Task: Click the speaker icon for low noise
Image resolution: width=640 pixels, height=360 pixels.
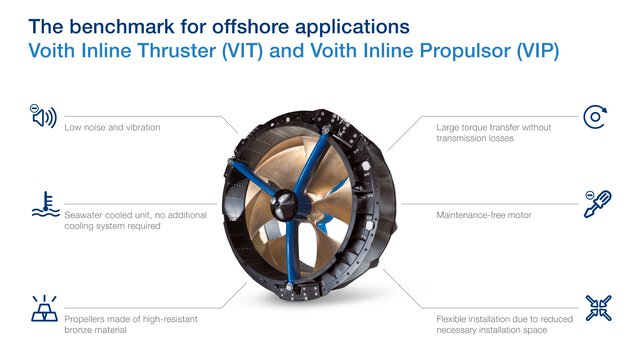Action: click(44, 116)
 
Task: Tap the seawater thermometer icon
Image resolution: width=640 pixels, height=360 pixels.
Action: click(44, 204)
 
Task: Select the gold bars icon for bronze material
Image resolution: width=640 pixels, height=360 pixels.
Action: click(44, 307)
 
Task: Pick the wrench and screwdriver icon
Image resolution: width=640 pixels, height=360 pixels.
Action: click(597, 204)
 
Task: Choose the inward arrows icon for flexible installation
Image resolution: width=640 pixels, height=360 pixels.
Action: click(597, 307)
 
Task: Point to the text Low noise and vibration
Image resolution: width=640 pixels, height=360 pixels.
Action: click(112, 128)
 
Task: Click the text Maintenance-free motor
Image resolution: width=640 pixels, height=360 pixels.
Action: click(485, 214)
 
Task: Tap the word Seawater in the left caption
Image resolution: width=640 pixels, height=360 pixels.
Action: click(85, 214)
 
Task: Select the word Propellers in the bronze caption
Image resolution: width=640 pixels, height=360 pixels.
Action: click(88, 317)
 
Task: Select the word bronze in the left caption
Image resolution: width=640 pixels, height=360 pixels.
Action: click(80, 329)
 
